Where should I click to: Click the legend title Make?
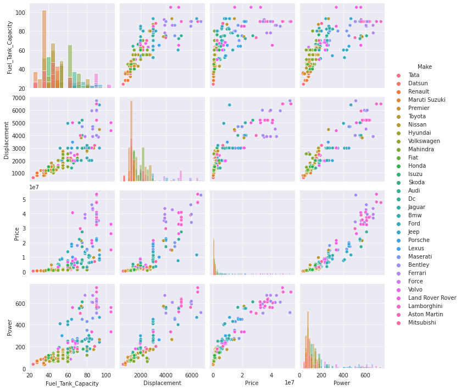pos(424,67)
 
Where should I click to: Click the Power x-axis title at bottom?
pos(342,383)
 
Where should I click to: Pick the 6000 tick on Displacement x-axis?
pos(191,375)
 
